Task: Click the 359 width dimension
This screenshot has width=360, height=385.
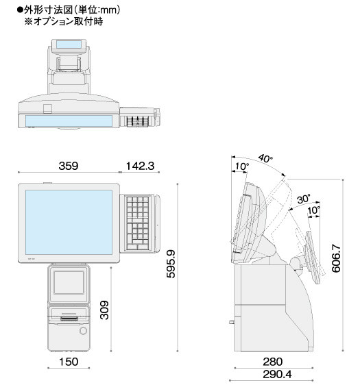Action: (x=67, y=166)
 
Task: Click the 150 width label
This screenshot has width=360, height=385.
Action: (x=68, y=361)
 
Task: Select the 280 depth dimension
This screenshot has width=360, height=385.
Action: (x=273, y=360)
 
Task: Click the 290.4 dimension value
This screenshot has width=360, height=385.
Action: (x=273, y=375)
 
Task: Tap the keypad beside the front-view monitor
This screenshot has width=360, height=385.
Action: (x=140, y=223)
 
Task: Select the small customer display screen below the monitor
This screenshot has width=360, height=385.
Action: (x=68, y=282)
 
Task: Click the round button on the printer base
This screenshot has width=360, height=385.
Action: (x=83, y=331)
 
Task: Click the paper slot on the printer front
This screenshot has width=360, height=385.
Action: (x=67, y=319)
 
